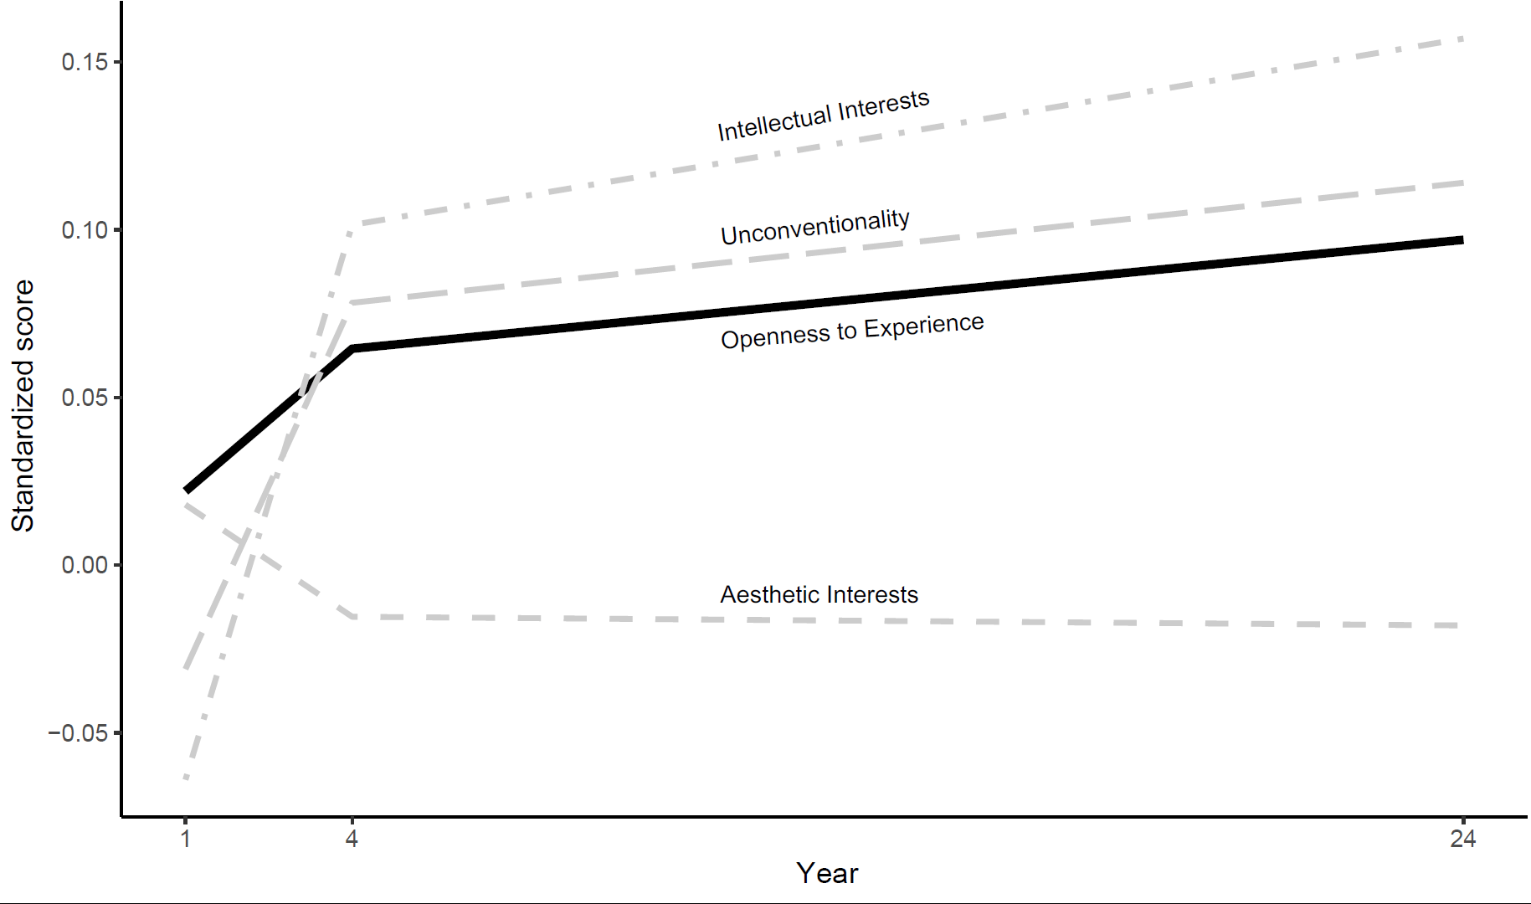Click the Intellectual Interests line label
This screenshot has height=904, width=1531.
tap(823, 116)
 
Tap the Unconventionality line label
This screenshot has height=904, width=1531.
tap(815, 227)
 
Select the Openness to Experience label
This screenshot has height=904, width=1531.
tap(852, 331)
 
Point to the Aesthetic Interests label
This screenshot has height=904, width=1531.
tap(819, 594)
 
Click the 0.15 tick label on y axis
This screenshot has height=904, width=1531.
tap(85, 62)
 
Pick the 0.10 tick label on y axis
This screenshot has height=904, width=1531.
tap(85, 230)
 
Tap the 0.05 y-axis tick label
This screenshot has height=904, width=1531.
tap(85, 398)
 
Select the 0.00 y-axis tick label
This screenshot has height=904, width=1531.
tap(85, 565)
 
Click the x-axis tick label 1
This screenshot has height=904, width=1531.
tap(186, 839)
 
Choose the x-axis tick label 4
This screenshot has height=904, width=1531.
tap(352, 839)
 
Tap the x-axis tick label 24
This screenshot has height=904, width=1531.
tap(1462, 839)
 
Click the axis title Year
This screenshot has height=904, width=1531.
tap(827, 874)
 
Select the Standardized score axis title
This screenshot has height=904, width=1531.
tap(23, 406)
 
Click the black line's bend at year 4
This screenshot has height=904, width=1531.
tap(352, 348)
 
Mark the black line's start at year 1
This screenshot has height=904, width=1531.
tap(186, 491)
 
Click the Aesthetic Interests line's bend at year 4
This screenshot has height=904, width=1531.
tap(354, 617)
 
